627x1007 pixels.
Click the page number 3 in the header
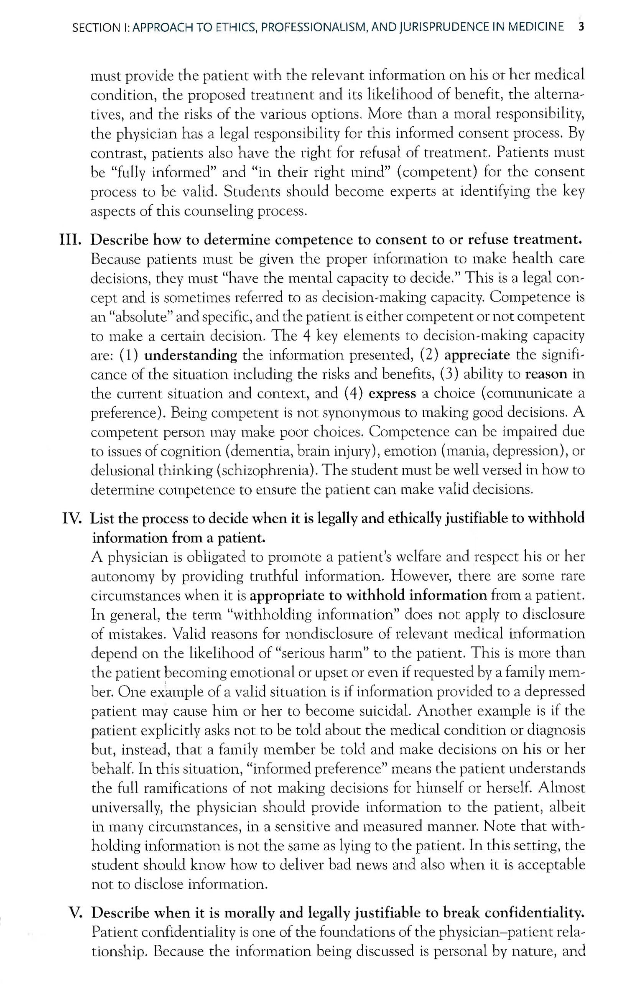(581, 27)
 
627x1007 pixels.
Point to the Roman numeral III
(71, 240)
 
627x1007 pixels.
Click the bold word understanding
(191, 355)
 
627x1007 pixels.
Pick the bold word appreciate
(477, 355)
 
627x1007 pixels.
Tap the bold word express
(392, 394)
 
